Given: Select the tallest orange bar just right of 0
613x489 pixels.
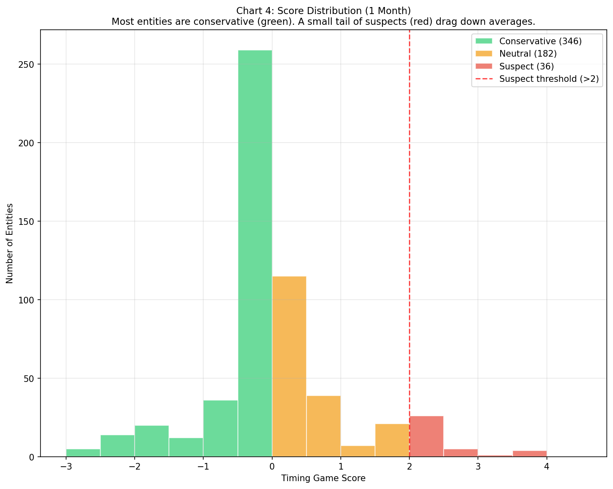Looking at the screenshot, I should (x=289, y=366).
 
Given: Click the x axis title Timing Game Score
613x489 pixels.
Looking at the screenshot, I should (x=323, y=479).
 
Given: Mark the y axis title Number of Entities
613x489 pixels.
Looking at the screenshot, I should (x=10, y=243).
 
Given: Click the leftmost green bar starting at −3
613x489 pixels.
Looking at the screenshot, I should (x=83, y=453).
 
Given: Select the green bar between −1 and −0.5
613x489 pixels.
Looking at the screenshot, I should (x=221, y=429).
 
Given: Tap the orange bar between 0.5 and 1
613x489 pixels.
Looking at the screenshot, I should (x=323, y=426).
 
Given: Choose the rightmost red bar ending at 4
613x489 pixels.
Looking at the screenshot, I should (x=530, y=454).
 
